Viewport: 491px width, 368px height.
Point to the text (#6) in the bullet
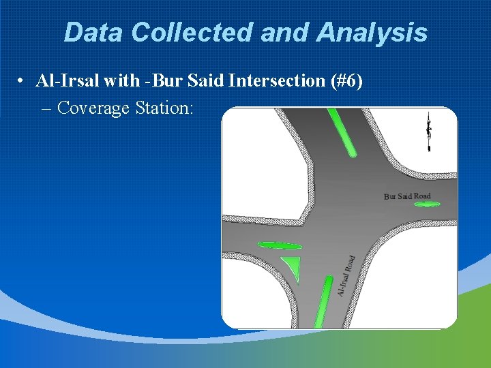click(345, 81)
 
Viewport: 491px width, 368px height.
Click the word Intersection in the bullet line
click(277, 81)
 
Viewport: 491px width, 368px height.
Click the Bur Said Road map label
click(407, 196)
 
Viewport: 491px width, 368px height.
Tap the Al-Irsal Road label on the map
click(346, 276)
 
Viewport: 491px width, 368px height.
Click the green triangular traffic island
click(292, 267)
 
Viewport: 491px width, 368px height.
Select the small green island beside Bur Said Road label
click(427, 204)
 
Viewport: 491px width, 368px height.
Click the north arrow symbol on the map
click(428, 132)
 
